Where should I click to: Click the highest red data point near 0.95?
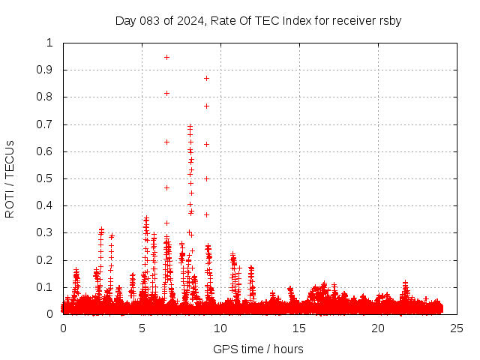[x=166, y=57]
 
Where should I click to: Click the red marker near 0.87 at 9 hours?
[x=206, y=78]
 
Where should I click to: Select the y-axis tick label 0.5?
[x=46, y=178]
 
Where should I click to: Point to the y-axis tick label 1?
[x=50, y=43]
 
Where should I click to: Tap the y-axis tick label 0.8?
[x=46, y=97]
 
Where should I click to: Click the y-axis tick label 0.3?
[x=46, y=232]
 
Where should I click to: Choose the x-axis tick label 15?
[x=299, y=328]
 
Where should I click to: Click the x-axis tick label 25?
[x=457, y=328]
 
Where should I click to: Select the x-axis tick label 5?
[x=142, y=328]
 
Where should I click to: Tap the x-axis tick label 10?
[x=220, y=328]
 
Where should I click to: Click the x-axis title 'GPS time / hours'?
[x=259, y=349]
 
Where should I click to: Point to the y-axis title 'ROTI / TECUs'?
[x=10, y=178]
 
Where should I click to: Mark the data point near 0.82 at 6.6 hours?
[x=166, y=93]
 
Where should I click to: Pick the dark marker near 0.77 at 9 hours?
[x=206, y=106]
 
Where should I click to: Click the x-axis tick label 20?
[x=378, y=328]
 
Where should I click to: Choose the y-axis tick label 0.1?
[x=46, y=287]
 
